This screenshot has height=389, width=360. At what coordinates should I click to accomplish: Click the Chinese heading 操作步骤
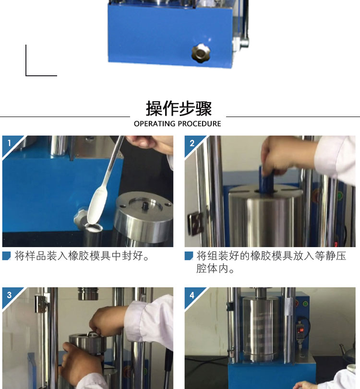coord(179,108)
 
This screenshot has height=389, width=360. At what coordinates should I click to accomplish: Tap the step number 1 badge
coord(10,143)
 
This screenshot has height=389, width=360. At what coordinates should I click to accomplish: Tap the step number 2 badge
coord(192,143)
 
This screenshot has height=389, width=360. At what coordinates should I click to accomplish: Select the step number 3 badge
coord(10,295)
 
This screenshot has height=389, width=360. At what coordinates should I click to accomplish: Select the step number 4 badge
coord(192,295)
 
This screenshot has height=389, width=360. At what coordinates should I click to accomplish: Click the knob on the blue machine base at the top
coord(201,53)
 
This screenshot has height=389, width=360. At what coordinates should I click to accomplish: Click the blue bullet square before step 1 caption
coord(6,256)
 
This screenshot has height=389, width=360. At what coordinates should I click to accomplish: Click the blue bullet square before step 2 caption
coord(189,256)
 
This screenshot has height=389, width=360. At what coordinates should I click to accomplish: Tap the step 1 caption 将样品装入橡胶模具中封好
coord(82,256)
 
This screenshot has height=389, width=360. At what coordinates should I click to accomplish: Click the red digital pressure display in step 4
coord(301,330)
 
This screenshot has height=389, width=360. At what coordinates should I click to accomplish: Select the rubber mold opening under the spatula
coord(93,227)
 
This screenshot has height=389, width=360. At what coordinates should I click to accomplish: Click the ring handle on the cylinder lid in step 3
coord(92,334)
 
